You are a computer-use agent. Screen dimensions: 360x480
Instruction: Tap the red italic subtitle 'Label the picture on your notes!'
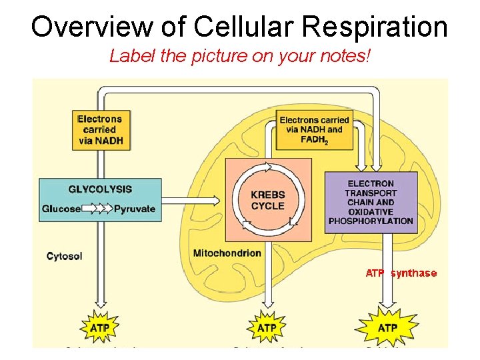tap(239, 56)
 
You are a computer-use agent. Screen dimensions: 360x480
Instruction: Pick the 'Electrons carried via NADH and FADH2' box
tap(314, 130)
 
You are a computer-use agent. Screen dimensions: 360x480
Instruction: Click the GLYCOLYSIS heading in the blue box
tap(100, 189)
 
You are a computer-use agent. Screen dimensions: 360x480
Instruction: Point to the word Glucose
tap(61, 209)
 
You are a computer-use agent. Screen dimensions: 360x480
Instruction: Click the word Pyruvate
tap(135, 209)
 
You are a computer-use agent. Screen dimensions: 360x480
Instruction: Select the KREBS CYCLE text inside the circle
tap(267, 200)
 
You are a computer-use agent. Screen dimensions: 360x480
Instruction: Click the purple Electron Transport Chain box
tap(371, 202)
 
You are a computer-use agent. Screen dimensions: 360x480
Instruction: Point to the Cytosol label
tap(65, 255)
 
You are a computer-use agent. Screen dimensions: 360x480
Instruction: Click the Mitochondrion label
tap(227, 253)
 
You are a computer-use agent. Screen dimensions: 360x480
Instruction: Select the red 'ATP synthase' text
tap(401, 273)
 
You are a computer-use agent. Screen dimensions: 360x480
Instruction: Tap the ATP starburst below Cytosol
tap(99, 328)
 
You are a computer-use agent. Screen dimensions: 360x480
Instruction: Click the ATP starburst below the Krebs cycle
tap(267, 328)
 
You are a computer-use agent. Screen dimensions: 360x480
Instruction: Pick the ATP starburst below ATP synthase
tap(387, 328)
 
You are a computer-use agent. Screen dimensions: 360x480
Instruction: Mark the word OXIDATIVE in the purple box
tap(371, 211)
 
